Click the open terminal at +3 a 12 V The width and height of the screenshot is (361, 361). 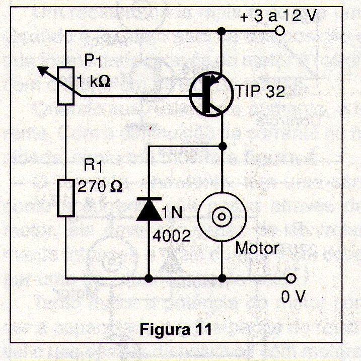tap(280, 31)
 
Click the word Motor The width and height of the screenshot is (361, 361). tap(257, 248)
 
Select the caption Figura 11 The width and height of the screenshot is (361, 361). tap(176, 331)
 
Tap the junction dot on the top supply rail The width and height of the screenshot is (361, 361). tap(222, 32)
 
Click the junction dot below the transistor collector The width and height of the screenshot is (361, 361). tap(222, 147)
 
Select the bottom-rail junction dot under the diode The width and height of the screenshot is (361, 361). tap(149, 277)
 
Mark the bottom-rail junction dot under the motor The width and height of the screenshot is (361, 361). tap(222, 277)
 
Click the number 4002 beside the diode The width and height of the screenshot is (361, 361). tap(172, 235)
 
